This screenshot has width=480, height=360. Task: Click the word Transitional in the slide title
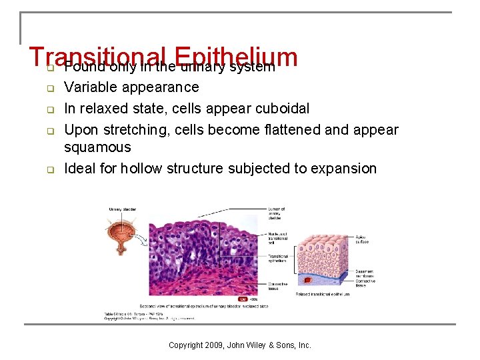coord(97,58)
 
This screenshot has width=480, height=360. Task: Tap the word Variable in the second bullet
coord(89,87)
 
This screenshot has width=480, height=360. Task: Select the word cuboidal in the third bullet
coord(283,109)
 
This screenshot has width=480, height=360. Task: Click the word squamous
coord(97,147)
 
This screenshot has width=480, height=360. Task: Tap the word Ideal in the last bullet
coord(79,169)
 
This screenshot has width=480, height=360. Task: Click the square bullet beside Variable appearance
coord(49,88)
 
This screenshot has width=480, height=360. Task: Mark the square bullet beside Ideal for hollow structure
coord(49,169)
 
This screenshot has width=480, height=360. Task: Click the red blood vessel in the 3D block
coord(307,281)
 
